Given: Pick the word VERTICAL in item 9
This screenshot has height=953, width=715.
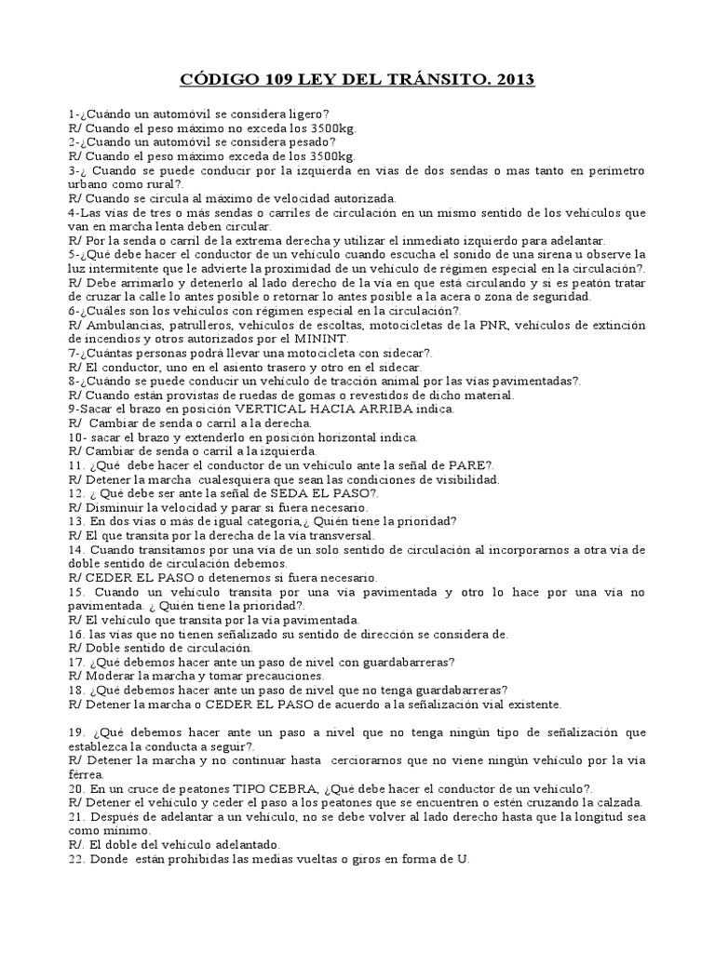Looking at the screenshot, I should [271, 409].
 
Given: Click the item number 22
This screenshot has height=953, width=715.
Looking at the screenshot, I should [76, 859].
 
